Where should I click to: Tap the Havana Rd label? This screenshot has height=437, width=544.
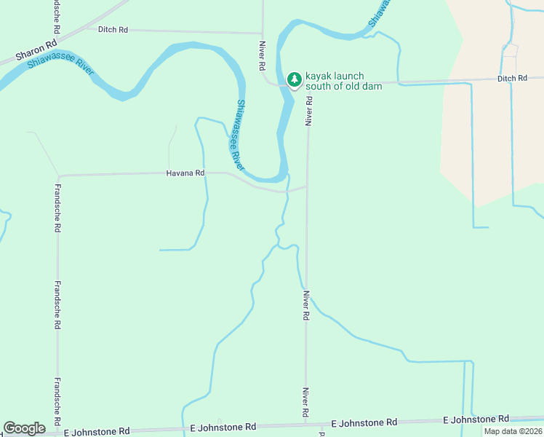[185, 173]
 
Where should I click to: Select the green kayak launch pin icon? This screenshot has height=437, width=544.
[294, 79]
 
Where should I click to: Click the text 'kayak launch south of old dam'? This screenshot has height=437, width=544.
[334, 81]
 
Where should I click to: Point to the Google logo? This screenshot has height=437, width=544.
[24, 428]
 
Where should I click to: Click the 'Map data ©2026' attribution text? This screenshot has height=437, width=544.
[513, 431]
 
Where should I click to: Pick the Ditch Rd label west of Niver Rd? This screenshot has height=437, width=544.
[113, 29]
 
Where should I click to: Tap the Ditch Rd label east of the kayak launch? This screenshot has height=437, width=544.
[512, 78]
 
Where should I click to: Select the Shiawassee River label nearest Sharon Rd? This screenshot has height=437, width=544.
[60, 63]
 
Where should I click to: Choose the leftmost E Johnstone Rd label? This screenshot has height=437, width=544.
[97, 431]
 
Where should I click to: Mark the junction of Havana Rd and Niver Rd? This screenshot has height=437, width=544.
[307, 187]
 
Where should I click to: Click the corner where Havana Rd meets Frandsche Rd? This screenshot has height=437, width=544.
[58, 176]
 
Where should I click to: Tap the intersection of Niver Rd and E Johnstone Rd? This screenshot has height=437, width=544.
[306, 423]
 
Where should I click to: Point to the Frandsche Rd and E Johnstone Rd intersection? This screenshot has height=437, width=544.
[57, 431]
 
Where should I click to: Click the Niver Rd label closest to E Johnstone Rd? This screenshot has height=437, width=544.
[307, 403]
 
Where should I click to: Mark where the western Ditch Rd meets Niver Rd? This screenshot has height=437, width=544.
[263, 33]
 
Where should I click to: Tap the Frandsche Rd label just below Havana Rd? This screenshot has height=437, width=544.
[57, 208]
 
